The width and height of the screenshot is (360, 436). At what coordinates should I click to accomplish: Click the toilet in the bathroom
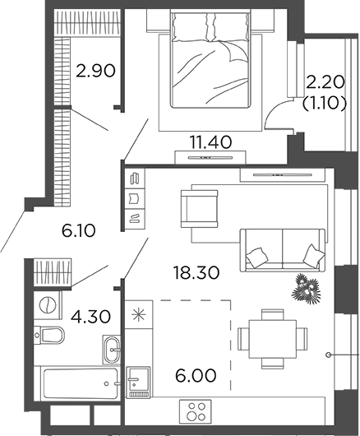tap(53, 336)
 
